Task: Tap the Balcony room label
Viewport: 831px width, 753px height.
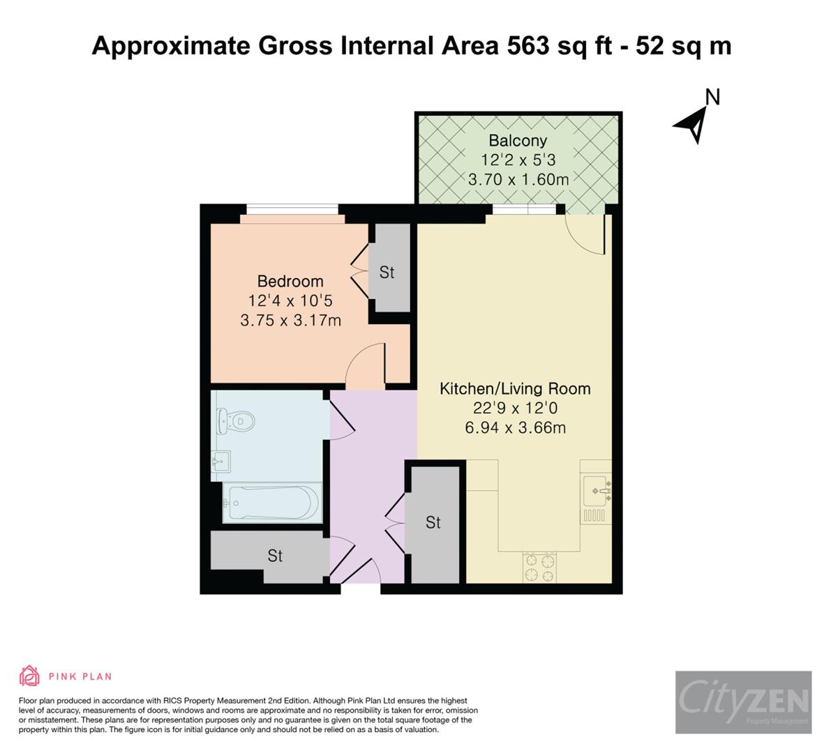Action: (x=517, y=140)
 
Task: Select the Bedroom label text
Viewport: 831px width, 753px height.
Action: (x=290, y=281)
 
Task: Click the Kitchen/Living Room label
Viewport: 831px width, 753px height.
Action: (x=515, y=388)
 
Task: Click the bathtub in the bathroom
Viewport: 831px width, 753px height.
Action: (x=271, y=501)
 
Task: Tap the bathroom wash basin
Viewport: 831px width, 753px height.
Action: (x=220, y=461)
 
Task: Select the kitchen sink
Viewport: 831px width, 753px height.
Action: (x=597, y=491)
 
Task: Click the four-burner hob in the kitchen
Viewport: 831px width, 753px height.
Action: (x=540, y=567)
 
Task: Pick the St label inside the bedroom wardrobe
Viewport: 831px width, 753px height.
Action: (x=387, y=273)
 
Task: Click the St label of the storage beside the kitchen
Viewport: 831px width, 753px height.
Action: (x=433, y=522)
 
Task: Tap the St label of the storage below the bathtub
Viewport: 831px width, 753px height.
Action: (x=275, y=556)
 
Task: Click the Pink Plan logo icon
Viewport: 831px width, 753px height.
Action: (x=29, y=676)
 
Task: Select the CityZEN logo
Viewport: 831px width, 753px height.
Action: (x=743, y=701)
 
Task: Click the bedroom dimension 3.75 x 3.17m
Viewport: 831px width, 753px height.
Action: (x=290, y=321)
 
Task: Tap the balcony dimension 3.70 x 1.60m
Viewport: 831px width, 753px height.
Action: (x=518, y=179)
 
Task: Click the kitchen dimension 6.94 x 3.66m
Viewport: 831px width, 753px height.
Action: (x=515, y=427)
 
